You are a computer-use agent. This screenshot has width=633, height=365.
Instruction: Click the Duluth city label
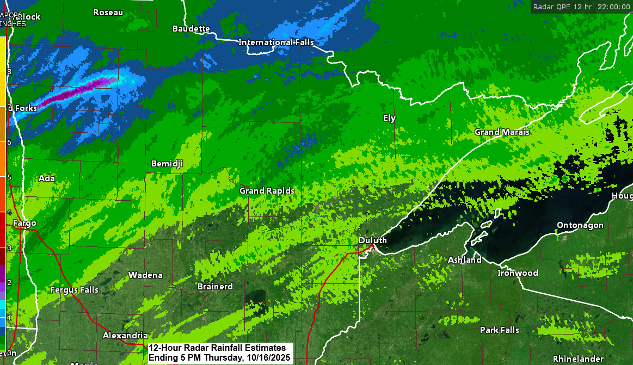click(373, 240)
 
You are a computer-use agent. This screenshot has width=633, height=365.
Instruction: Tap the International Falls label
click(276, 42)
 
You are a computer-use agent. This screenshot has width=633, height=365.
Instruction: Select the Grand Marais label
click(502, 132)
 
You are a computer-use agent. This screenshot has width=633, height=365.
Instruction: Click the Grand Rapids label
click(267, 191)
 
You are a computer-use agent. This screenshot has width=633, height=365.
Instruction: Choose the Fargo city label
click(24, 224)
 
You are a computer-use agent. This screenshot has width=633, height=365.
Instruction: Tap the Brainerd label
click(215, 287)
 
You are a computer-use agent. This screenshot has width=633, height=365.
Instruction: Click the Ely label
click(389, 118)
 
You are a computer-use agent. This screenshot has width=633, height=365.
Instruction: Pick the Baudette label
click(191, 28)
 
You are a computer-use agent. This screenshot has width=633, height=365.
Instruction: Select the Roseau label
click(108, 13)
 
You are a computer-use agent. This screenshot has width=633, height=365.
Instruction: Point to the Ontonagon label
click(580, 225)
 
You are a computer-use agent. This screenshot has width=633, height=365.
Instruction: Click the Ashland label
click(464, 260)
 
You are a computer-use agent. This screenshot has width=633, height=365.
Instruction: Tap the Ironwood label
click(518, 273)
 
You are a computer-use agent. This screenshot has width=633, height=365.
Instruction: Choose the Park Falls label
click(499, 330)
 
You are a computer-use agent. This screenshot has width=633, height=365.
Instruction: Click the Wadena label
click(145, 275)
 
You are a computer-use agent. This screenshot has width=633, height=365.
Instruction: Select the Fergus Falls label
click(75, 290)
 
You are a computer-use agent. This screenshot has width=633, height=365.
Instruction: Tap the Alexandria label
click(125, 336)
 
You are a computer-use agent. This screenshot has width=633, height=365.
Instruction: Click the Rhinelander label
click(578, 359)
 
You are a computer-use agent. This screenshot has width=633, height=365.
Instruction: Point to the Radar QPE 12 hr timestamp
click(581, 7)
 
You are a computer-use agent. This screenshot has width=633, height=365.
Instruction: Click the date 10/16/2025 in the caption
click(267, 358)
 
